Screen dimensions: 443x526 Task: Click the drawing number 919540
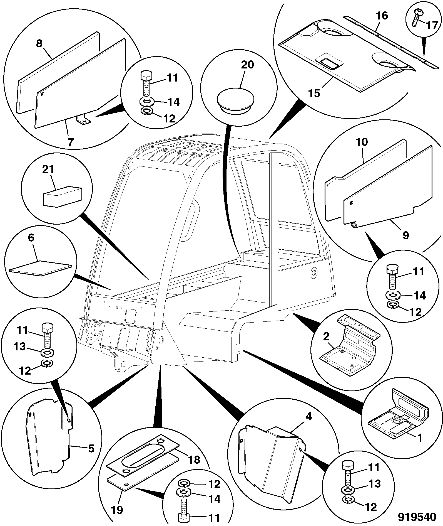pos(417,517)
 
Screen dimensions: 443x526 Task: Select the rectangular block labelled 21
pos(63,196)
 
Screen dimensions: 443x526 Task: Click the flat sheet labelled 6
pos(41,268)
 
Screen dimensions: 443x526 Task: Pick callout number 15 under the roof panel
pos(314,93)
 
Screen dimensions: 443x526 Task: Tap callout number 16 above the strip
pos(382,16)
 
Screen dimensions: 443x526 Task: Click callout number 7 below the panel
pos(70,142)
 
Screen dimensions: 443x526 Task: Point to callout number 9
pos(406,235)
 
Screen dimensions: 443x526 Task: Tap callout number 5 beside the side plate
pos(91,449)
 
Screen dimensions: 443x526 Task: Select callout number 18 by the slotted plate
pos(194,459)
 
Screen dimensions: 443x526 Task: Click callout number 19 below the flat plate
pos(117,510)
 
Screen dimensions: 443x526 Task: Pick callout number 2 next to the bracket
pos(326,337)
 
